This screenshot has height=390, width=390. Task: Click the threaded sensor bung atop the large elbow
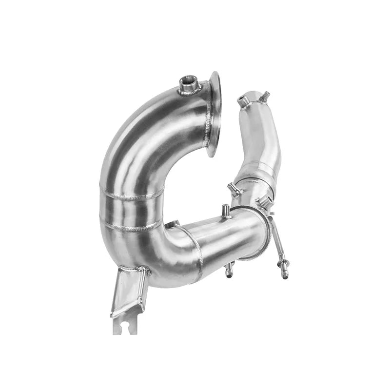190,84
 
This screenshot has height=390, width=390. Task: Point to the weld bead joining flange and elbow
209,117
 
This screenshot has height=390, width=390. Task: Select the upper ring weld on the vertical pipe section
132,196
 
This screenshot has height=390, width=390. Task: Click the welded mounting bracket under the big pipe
128,292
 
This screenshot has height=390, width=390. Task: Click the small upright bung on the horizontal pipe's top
226,211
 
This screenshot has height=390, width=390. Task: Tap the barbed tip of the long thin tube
284,273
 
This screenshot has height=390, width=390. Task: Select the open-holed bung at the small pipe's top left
243,101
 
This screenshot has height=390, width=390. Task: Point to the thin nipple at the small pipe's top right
266,96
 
